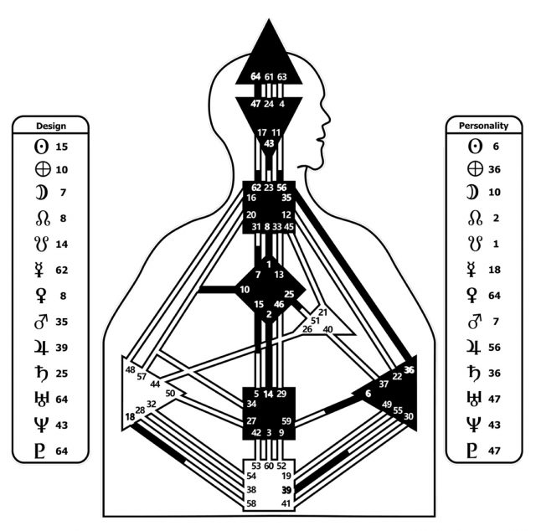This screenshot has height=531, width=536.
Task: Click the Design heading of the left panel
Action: [x=51, y=126]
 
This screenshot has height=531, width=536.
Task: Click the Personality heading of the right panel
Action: [x=484, y=126]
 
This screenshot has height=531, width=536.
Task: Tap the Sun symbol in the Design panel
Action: [x=40, y=147]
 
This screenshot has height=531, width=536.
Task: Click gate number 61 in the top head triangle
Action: [x=268, y=78]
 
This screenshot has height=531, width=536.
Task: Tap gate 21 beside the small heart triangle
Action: [x=323, y=312]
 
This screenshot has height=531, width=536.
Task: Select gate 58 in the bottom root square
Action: [x=252, y=503]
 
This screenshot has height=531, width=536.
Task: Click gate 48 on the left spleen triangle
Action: [x=131, y=369]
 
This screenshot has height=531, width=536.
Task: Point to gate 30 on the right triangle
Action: [x=409, y=416]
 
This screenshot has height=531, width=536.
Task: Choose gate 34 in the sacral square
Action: [x=252, y=405]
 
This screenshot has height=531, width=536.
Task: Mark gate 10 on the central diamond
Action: [x=245, y=290]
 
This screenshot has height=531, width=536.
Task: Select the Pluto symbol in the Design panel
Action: [x=40, y=451]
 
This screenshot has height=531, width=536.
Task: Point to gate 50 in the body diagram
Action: [x=171, y=393]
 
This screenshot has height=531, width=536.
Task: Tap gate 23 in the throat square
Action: [x=268, y=188]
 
